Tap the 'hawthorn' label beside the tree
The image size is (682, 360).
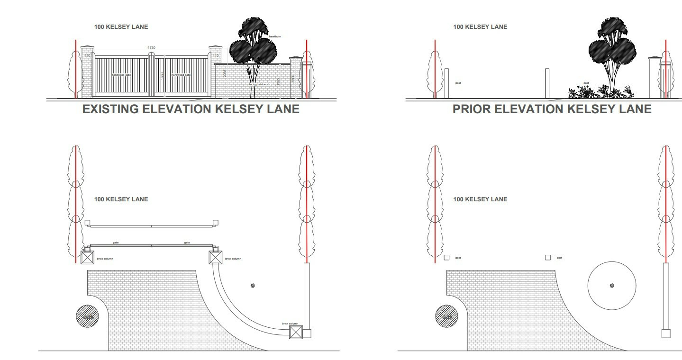(x=275, y=36)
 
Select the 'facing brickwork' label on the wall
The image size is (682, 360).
(x=259, y=84)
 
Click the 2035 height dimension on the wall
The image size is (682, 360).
(x=225, y=73)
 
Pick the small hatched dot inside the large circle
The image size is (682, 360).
(x=612, y=286)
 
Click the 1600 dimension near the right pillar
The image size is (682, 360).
(x=292, y=79)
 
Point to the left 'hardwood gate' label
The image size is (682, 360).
(x=121, y=75)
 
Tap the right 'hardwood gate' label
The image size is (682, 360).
(x=181, y=75)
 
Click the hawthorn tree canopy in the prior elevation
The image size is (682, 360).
(x=612, y=45)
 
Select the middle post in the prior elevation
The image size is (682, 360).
(x=547, y=83)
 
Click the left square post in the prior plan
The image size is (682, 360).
(x=446, y=258)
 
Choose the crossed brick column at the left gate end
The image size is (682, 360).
(x=87, y=258)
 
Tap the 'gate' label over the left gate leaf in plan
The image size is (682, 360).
(x=116, y=243)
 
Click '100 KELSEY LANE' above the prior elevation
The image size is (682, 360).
(x=480, y=27)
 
